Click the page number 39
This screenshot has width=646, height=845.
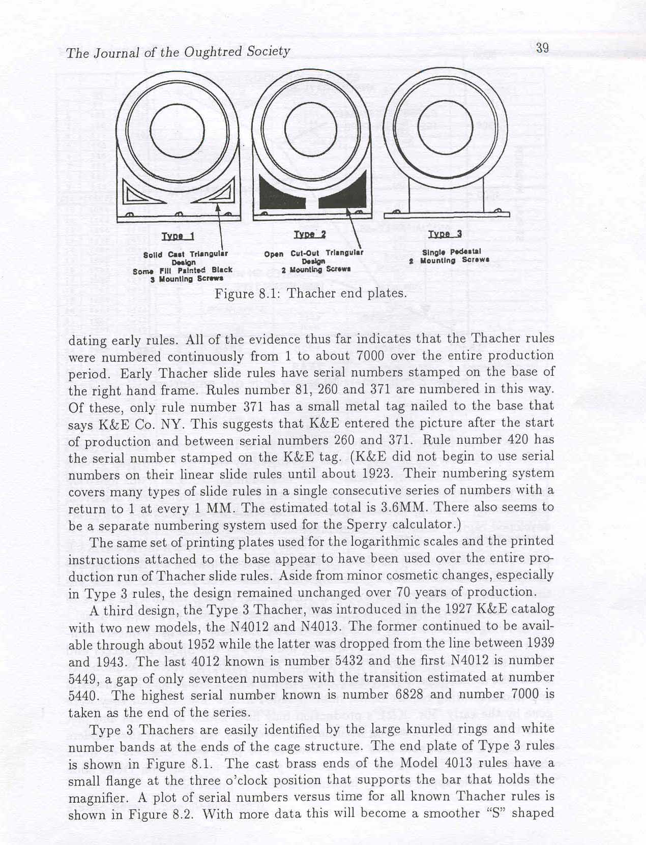(x=542, y=48)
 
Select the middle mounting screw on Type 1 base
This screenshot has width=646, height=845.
(x=178, y=214)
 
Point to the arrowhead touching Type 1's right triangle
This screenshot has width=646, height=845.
(x=218, y=207)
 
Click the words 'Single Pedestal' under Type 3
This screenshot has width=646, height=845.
(x=451, y=252)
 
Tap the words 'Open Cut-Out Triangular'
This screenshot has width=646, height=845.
(x=313, y=254)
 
